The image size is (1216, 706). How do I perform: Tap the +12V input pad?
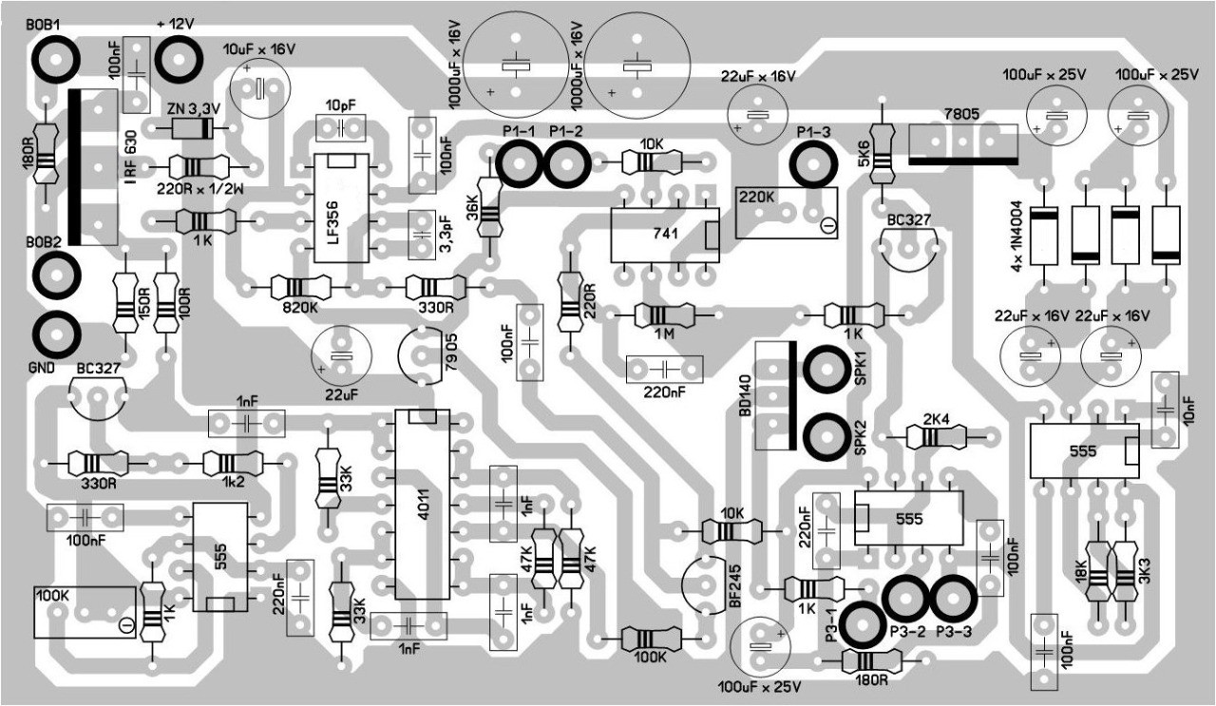pos(177,60)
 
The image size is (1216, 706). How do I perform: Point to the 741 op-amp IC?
pos(666,233)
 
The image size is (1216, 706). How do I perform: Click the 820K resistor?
pos(299,286)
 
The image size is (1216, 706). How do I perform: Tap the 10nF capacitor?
pos(1165,408)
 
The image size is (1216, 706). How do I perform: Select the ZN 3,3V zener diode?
pos(189,130)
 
